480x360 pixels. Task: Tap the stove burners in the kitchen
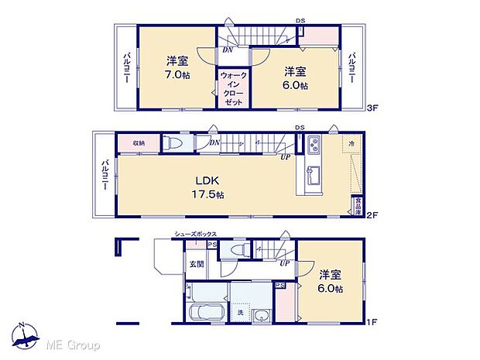[x=314, y=144]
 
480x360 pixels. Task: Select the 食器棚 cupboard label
[x=358, y=205]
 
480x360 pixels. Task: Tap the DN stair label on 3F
[x=227, y=48]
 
